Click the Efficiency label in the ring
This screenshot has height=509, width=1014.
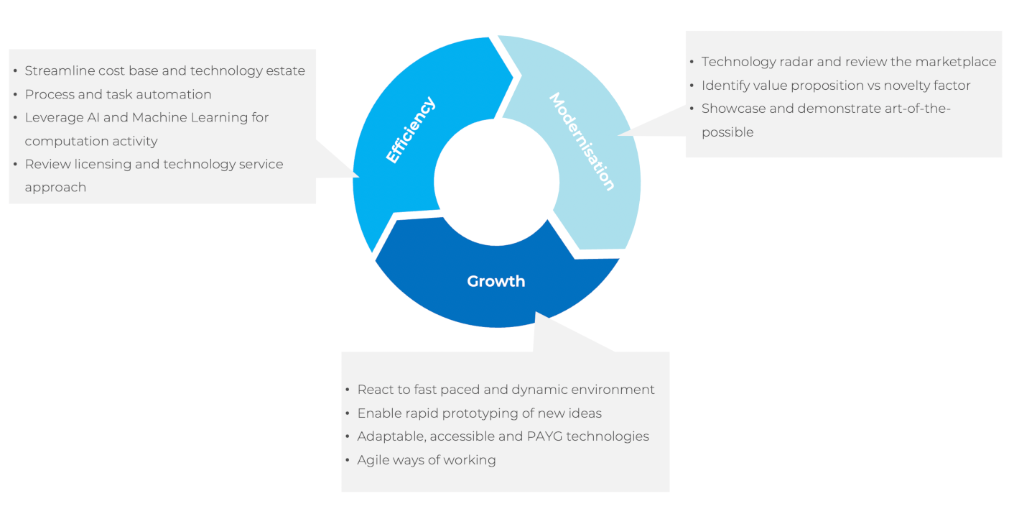click(x=411, y=130)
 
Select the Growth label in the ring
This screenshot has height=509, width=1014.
click(x=496, y=281)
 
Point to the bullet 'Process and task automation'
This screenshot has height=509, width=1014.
click(x=118, y=94)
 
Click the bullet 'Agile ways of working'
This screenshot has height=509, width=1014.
click(x=427, y=459)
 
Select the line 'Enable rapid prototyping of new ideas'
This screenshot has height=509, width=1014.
click(x=479, y=413)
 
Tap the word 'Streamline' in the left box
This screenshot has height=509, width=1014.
click(x=60, y=71)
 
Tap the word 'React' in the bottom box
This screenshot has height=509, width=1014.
click(x=374, y=390)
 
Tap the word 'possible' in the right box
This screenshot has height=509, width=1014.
click(x=727, y=132)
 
